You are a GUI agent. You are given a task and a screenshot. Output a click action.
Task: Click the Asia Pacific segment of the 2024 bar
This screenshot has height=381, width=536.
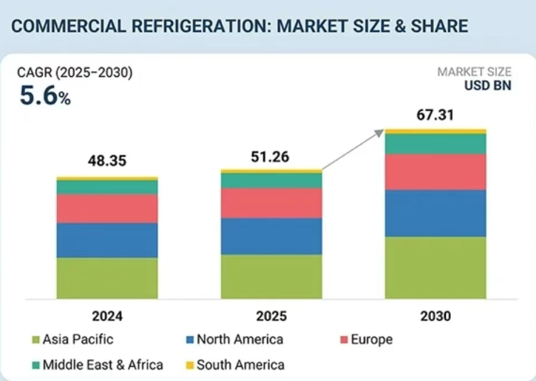[106, 278]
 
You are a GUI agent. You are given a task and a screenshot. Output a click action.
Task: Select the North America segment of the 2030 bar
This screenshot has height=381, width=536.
[435, 213]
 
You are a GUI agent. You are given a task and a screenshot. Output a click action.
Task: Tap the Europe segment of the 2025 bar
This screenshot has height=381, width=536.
[271, 203]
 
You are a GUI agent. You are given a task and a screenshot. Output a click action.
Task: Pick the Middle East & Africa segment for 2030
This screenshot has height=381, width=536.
[435, 144]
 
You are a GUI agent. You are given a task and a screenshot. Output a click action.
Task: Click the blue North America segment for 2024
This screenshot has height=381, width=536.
[106, 240]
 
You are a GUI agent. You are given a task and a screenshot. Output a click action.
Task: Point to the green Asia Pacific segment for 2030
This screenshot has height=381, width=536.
[435, 268]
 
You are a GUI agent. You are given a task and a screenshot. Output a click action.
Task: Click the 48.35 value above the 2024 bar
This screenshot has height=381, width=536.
[106, 161]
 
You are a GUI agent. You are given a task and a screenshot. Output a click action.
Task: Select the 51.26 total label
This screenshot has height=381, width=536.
[271, 156]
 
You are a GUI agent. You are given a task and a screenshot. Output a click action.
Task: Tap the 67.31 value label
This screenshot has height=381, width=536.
[435, 115]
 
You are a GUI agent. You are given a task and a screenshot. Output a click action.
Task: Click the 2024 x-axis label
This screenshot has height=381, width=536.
[107, 316]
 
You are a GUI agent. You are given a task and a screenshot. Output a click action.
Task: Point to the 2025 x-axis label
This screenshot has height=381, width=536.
[271, 316]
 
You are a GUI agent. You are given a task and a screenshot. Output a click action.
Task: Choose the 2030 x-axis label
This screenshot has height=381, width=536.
[435, 316]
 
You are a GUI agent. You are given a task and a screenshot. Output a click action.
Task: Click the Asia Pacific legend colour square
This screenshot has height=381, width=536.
[35, 340]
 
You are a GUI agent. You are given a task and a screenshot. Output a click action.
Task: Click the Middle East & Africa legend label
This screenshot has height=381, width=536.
[103, 364]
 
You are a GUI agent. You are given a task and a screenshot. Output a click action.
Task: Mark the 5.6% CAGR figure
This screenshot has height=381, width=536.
[44, 97]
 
